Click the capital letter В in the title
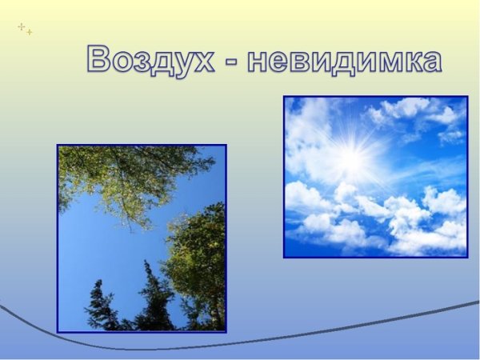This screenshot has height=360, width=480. [x=100, y=59]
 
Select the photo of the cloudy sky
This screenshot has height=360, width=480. [x=375, y=177]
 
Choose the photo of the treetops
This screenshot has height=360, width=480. [x=142, y=238]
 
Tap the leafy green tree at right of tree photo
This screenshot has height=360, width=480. [x=196, y=256]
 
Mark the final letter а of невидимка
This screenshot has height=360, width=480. [x=431, y=62]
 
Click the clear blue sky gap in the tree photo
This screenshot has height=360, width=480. [x=104, y=248]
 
